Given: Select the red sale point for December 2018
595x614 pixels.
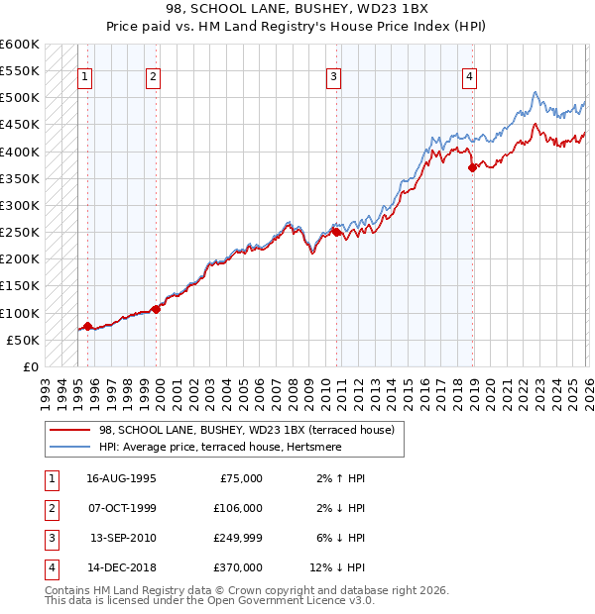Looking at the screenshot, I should tap(472, 167).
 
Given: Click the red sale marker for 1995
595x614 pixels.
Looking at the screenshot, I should tap(87, 326).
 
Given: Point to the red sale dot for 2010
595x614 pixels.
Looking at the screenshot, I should tap(336, 232).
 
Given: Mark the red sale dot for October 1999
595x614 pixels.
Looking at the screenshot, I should tap(156, 309).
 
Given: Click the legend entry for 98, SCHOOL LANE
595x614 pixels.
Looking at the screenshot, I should tap(246, 430).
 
